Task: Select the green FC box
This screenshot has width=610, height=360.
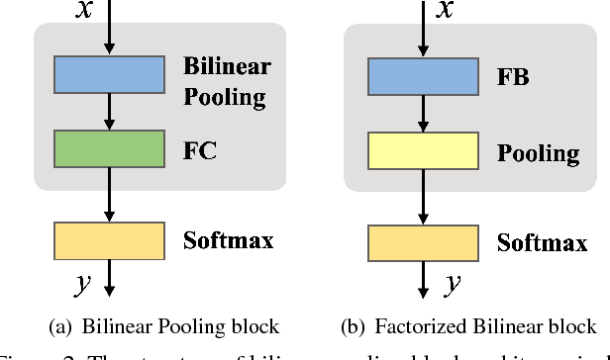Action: coord(108,152)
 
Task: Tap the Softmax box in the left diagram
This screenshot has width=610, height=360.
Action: coord(108,240)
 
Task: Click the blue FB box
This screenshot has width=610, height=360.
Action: coord(423,75)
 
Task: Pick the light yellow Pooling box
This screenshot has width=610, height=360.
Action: coord(423,152)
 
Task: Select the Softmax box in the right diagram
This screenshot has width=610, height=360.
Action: coord(423,242)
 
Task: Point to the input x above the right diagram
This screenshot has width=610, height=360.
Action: coord(447,10)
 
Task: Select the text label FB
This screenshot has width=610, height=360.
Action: coord(512,76)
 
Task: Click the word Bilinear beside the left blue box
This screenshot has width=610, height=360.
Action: coord(227,67)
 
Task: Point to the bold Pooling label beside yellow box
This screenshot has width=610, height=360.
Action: coord(539,153)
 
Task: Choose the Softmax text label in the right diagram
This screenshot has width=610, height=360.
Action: coord(542,243)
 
